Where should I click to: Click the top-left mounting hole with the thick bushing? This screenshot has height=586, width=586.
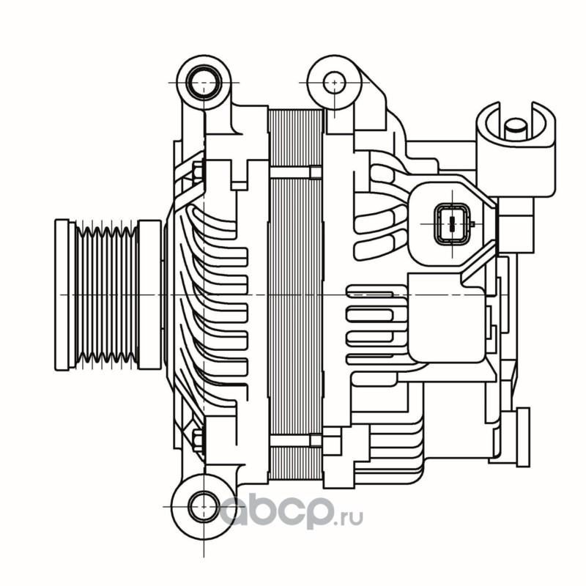click(203, 83)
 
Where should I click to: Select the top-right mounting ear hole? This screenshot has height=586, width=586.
click(334, 83)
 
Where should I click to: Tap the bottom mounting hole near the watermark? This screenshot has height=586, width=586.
click(203, 505)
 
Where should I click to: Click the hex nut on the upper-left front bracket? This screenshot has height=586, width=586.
click(197, 172)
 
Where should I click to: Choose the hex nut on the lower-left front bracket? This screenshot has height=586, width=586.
click(197, 439)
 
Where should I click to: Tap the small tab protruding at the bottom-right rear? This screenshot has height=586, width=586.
click(522, 437)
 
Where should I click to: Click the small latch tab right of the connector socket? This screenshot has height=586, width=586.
click(472, 223)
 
